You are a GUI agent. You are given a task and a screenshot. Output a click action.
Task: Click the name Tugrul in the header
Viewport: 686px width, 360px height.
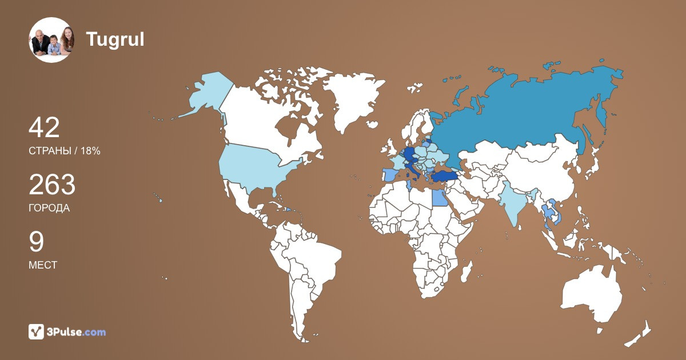click(115, 39)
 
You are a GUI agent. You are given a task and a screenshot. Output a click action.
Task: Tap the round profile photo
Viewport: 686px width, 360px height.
click(51, 40)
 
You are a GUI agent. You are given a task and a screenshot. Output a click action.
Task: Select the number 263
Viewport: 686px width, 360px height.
click(52, 185)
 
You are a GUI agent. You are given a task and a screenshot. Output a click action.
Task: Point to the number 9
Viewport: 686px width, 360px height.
click(36, 242)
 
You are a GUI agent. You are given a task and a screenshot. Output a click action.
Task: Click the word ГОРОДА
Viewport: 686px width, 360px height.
click(49, 208)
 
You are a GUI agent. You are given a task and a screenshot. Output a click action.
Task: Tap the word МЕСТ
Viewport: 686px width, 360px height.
click(43, 265)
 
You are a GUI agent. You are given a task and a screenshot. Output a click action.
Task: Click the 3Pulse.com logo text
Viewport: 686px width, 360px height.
click(76, 331)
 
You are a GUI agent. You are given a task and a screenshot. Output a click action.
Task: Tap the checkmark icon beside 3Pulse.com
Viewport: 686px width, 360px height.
click(37, 331)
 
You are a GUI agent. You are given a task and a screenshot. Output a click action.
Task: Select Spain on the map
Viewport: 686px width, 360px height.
click(389, 174)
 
